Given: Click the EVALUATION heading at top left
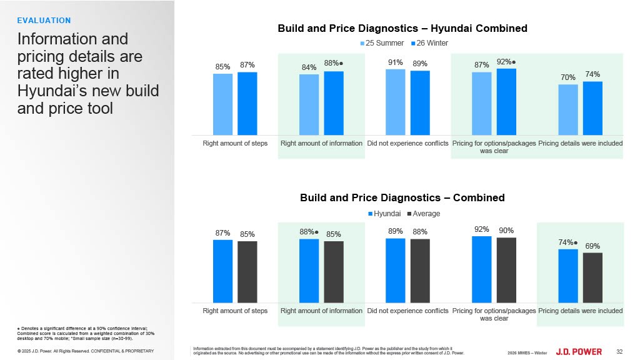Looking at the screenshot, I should pyautogui.click(x=44, y=21).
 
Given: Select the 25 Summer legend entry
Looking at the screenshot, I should pyautogui.click(x=381, y=43).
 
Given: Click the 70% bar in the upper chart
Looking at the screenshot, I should pyautogui.click(x=567, y=109).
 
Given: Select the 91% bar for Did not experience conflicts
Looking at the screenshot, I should pyautogui.click(x=395, y=102).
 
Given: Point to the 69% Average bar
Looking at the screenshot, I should pyautogui.click(x=592, y=277).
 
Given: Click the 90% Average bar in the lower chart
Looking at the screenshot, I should pyautogui.click(x=506, y=270).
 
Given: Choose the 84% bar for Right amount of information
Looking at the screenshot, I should pyautogui.click(x=309, y=104).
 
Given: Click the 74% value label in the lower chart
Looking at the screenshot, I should pyautogui.click(x=566, y=242).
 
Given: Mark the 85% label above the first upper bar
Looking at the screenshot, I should pyautogui.click(x=222, y=67).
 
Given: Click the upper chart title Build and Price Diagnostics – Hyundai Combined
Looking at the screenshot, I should pyautogui.click(x=402, y=28).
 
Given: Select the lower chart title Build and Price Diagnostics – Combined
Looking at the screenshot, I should pyautogui.click(x=402, y=197).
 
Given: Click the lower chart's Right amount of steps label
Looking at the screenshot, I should pyautogui.click(x=235, y=311).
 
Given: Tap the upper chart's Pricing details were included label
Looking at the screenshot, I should pyautogui.click(x=581, y=144).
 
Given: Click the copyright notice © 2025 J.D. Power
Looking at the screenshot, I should pyautogui.click(x=86, y=351).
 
